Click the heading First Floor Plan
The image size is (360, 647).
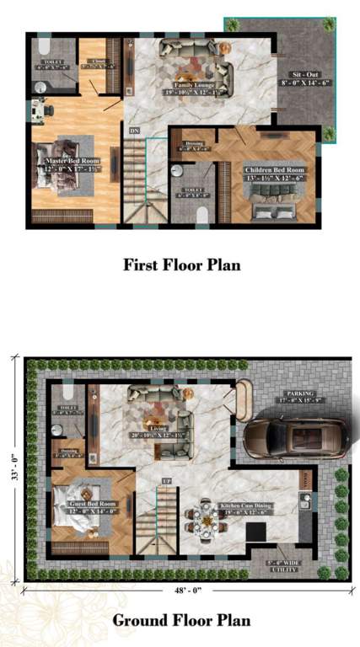182,265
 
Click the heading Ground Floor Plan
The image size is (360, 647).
182,621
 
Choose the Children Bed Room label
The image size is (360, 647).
275,174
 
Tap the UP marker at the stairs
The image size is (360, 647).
166,480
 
